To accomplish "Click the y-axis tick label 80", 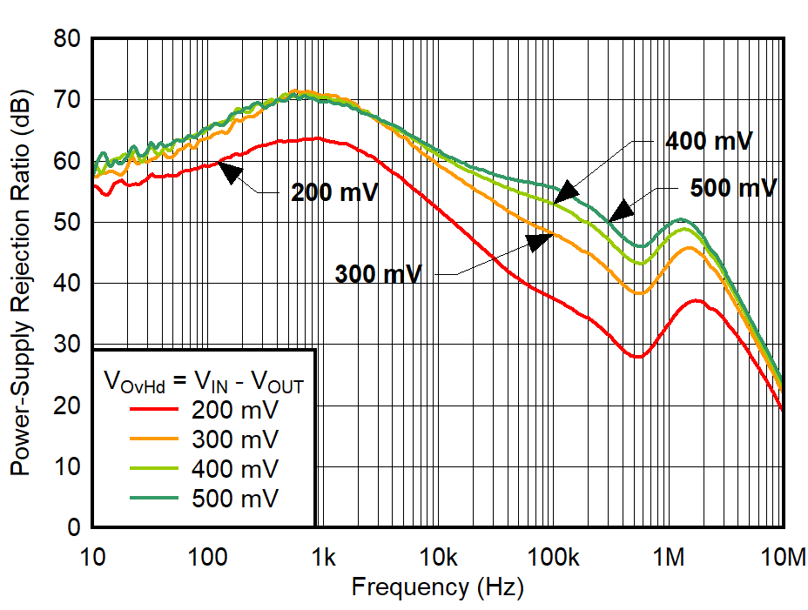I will [67, 39].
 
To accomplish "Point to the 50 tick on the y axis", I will [67, 223].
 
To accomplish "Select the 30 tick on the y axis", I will [67, 345].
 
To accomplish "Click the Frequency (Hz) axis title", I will [437, 587].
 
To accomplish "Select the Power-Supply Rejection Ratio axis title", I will [19, 283].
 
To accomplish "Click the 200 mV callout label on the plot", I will [335, 192].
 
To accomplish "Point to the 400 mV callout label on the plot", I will [708, 141].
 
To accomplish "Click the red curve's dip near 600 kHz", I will [638, 357].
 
